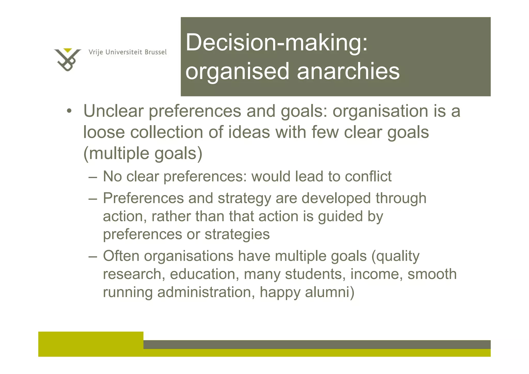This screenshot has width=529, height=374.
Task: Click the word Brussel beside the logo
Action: click(x=155, y=52)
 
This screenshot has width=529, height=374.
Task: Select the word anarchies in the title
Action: click(x=348, y=71)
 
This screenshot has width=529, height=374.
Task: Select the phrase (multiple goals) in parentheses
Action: click(x=143, y=154)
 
